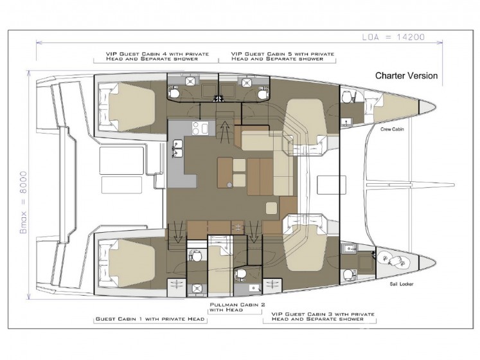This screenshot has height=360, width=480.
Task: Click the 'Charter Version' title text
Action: tap(406, 76)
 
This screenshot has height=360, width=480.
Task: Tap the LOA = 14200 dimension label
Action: tap(393, 37)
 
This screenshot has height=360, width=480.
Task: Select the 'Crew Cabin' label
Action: tap(392, 129)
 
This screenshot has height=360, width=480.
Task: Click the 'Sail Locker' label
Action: tap(402, 284)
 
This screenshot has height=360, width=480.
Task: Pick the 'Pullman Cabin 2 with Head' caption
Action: tap(237, 307)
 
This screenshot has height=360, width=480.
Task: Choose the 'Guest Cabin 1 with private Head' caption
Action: tap(150, 319)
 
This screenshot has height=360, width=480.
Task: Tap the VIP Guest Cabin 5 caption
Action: tap(283, 57)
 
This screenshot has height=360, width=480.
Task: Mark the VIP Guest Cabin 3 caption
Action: tap(323, 316)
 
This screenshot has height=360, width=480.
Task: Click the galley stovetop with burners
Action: tap(200, 128)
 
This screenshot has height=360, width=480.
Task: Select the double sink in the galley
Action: tap(177, 148)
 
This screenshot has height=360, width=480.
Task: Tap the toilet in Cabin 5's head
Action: tap(263, 93)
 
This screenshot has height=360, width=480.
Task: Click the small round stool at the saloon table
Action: tap(229, 184)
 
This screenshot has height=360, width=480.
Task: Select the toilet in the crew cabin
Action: tap(347, 97)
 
